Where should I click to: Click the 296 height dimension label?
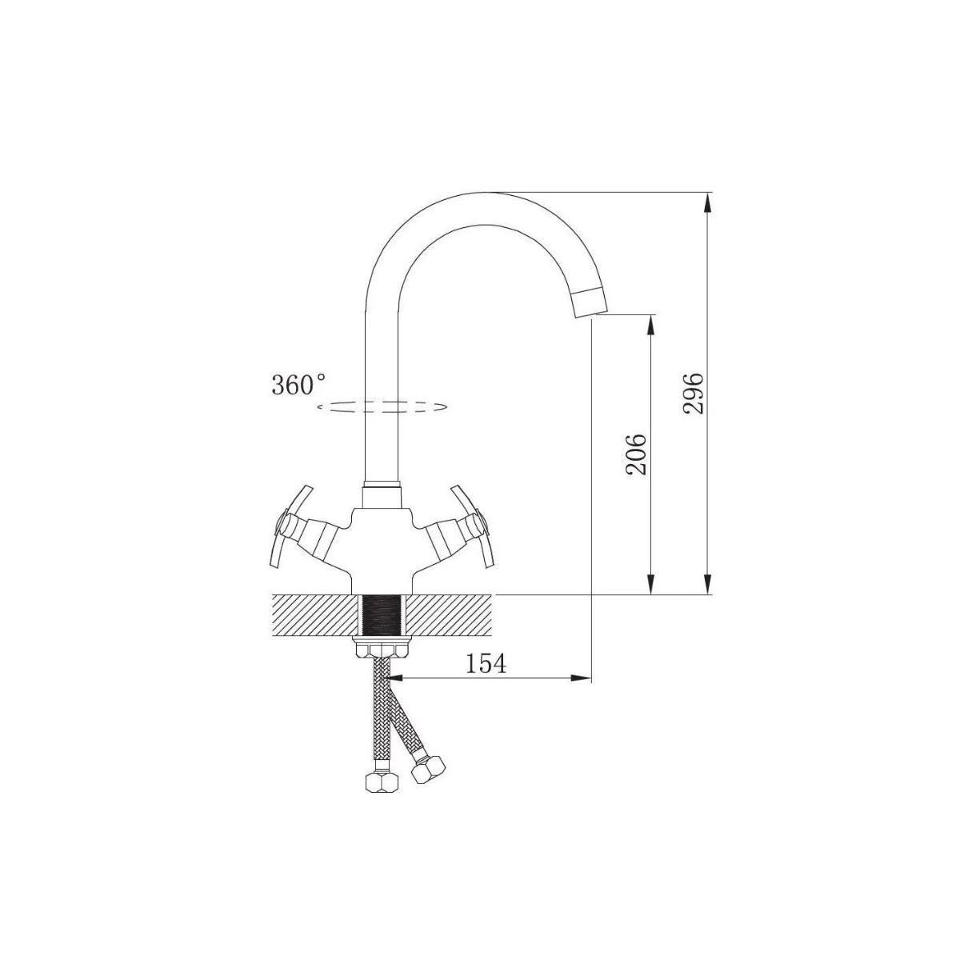(693, 394)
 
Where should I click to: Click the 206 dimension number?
(636, 454)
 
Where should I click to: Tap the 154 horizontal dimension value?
(486, 663)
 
